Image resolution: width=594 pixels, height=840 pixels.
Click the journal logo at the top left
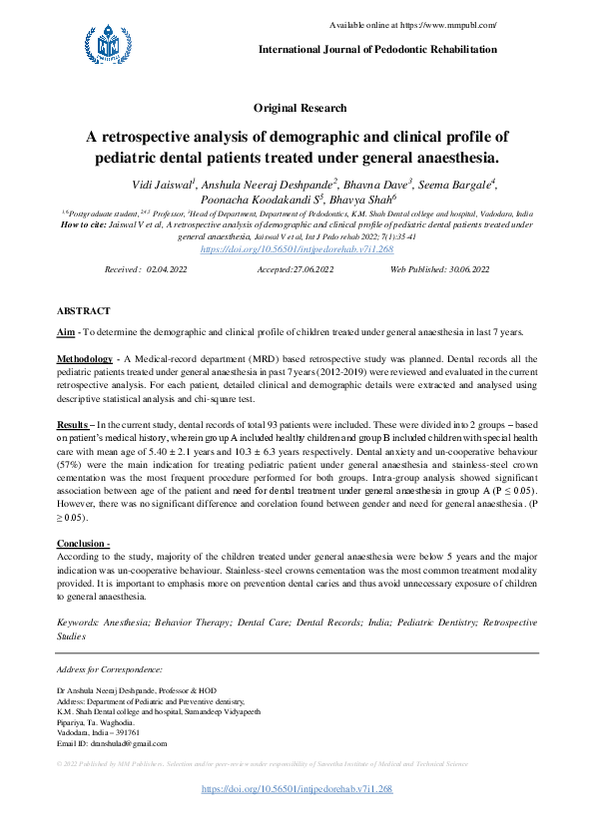click(x=107, y=42)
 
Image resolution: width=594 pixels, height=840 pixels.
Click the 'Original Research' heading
click(x=300, y=108)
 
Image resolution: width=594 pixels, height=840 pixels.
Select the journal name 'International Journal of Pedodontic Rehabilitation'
click(x=377, y=49)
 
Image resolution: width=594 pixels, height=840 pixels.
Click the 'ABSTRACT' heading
click(x=84, y=311)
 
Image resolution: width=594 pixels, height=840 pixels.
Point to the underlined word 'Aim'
click(x=66, y=331)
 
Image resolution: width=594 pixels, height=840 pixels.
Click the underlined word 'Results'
click(x=72, y=425)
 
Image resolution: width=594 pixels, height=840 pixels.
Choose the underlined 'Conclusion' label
click(x=81, y=543)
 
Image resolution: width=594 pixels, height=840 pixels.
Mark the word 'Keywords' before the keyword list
click(x=77, y=623)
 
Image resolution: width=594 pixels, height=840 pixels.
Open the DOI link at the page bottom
click(x=297, y=788)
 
